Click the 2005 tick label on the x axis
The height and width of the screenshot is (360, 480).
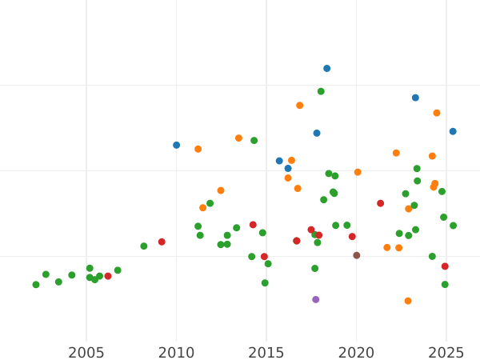tap(86, 352)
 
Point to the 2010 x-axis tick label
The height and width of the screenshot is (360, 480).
tap(177, 352)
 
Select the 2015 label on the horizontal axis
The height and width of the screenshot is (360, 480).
tap(266, 352)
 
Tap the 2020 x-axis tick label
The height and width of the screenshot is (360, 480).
tap(357, 352)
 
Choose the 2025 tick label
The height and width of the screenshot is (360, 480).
tap(446, 352)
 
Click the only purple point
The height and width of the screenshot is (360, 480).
tap(316, 300)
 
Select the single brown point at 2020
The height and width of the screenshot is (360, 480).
tap(357, 256)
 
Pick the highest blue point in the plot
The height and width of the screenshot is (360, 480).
tap(326, 69)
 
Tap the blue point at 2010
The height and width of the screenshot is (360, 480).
tap(177, 146)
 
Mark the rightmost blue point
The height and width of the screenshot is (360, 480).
tap(453, 132)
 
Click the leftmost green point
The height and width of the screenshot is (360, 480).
tap(36, 285)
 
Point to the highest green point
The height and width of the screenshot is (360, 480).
tap(321, 92)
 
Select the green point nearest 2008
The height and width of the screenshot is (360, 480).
tap(144, 246)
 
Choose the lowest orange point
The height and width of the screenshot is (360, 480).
tap(408, 302)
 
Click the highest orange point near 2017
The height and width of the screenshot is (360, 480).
tap(300, 106)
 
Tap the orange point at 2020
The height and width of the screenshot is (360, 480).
tap(358, 173)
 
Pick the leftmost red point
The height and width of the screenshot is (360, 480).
tap(108, 277)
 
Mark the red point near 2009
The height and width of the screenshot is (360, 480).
tap(162, 242)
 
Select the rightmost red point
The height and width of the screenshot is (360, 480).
tap(445, 267)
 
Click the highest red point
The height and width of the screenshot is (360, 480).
tap(381, 204)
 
